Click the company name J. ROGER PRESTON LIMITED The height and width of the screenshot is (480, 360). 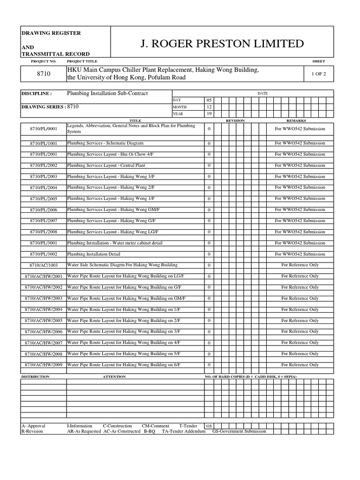[x=222, y=44]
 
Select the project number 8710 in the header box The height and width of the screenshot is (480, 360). [x=43, y=74]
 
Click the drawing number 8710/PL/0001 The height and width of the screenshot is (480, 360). [x=43, y=129]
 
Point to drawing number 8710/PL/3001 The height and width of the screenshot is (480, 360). [x=43, y=243]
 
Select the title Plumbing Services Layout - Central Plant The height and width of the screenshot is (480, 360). [x=106, y=165]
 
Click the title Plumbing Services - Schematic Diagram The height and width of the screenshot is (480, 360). [x=105, y=143]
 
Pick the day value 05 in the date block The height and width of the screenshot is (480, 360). [x=209, y=100]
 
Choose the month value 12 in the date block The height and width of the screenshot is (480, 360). [x=209, y=107]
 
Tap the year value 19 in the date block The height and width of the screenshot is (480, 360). [x=209, y=113]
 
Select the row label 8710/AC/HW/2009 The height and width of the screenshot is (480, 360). [x=43, y=365]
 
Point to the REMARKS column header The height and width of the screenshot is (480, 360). [x=296, y=120]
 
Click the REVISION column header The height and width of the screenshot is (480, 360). [x=235, y=120]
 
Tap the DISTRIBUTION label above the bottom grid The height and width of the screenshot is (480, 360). [x=35, y=376]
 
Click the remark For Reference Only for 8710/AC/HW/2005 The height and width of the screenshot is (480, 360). [x=300, y=321]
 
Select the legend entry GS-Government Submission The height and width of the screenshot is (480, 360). [x=239, y=431]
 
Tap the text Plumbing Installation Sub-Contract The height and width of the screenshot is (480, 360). [x=107, y=93]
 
